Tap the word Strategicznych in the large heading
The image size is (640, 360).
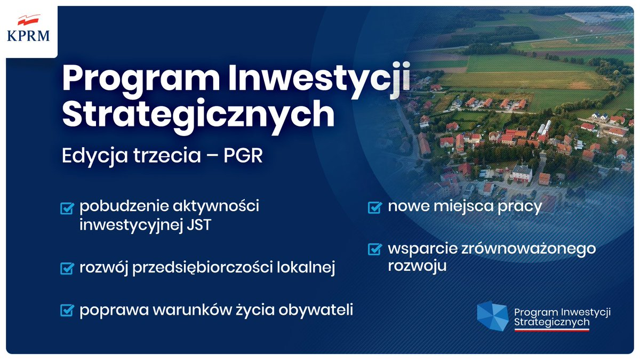(x=198, y=114)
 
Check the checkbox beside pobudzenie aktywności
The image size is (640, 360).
(x=67, y=207)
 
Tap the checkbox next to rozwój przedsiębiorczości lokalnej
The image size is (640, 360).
(x=67, y=268)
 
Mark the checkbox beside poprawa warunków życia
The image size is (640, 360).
(x=67, y=310)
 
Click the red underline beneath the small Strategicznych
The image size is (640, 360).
(x=551, y=330)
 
